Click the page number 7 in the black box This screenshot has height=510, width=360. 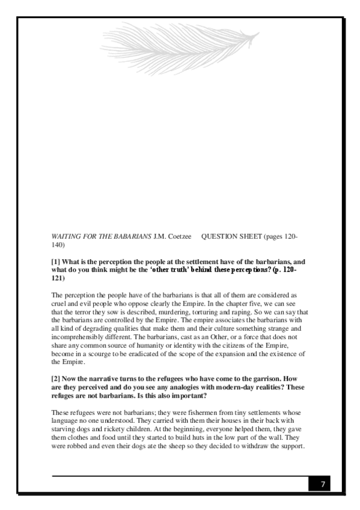click(x=323, y=484)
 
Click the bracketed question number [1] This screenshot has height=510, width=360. click(x=56, y=262)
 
